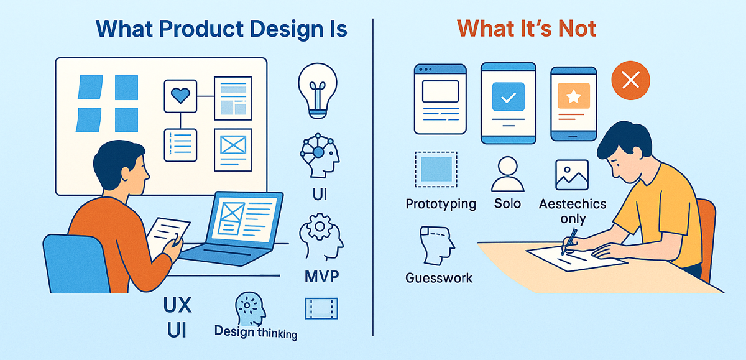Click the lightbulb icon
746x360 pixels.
(x=318, y=90)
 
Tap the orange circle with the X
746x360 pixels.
(x=630, y=81)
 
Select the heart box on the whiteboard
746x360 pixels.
(x=180, y=96)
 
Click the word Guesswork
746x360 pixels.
(x=439, y=277)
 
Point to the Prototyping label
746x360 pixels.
(x=441, y=204)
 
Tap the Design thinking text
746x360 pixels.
(x=256, y=332)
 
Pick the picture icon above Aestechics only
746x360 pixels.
(x=571, y=174)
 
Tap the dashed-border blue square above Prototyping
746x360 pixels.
(x=436, y=169)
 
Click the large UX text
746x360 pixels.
(x=177, y=305)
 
